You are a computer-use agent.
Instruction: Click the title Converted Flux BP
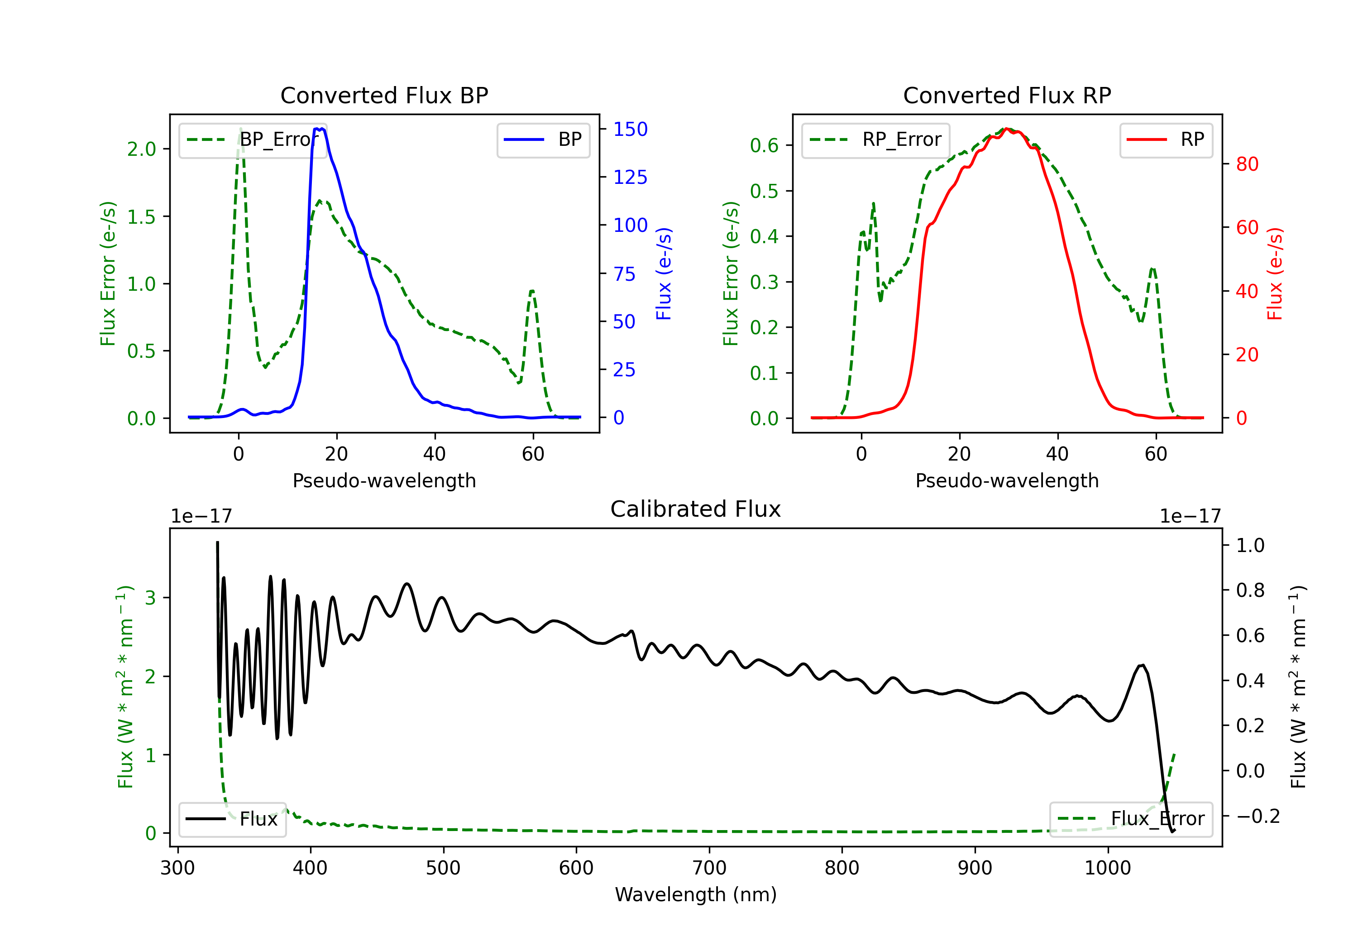click(384, 95)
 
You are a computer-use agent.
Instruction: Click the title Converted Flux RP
click(1007, 95)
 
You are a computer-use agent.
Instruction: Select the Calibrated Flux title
click(696, 509)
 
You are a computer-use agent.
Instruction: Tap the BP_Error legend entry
click(253, 139)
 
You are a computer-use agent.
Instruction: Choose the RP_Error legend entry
click(875, 139)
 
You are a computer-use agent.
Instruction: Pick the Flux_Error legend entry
click(1131, 819)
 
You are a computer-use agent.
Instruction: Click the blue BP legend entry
click(543, 139)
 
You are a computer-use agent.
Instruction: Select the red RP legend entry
click(1165, 139)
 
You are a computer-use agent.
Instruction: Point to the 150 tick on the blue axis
click(631, 129)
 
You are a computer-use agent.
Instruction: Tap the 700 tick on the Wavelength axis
click(709, 868)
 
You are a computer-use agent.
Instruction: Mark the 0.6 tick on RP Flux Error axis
click(764, 145)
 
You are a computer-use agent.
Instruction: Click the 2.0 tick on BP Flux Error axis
click(141, 149)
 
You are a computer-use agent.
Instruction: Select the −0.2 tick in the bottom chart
click(1258, 816)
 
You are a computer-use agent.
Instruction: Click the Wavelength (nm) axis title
click(696, 894)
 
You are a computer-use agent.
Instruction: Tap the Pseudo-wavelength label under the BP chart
click(384, 480)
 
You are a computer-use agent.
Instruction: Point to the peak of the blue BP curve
click(320, 129)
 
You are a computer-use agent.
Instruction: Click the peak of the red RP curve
click(1007, 130)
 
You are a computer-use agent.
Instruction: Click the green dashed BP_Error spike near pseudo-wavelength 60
click(532, 291)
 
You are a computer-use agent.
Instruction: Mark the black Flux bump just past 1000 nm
click(1142, 666)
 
